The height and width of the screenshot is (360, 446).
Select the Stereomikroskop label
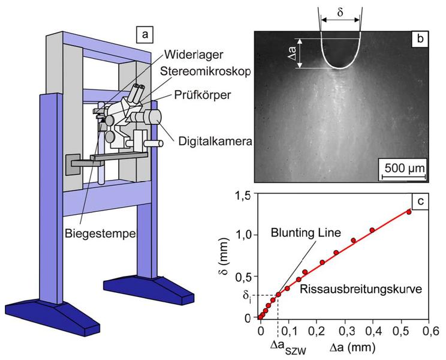(x=206, y=72)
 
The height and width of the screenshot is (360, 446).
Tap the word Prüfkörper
(x=202, y=95)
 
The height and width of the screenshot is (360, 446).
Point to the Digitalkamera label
(x=215, y=141)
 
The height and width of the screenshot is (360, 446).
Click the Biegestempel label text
(x=100, y=233)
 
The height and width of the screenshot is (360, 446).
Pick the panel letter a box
(x=145, y=35)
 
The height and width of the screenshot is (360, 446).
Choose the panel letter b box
(x=420, y=39)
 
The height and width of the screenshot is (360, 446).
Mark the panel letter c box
(x=420, y=201)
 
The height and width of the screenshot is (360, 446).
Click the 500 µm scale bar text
(x=404, y=168)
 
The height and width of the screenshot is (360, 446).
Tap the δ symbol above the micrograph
(x=340, y=13)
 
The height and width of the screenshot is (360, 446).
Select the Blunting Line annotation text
(x=306, y=233)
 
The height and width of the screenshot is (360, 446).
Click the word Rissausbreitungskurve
(x=361, y=289)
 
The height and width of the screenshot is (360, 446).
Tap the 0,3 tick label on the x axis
(x=345, y=332)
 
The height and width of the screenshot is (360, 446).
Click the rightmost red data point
(x=409, y=212)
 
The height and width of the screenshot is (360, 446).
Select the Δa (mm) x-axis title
(x=352, y=347)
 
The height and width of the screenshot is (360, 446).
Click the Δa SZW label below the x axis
(x=288, y=349)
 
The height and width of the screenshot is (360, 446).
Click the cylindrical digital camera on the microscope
(x=152, y=117)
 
